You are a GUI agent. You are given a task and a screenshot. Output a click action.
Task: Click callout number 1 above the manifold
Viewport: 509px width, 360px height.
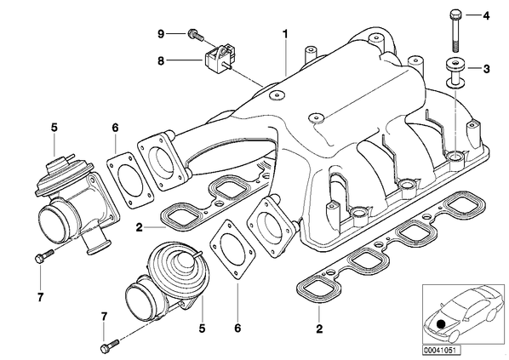pyautogui.click(x=285, y=34)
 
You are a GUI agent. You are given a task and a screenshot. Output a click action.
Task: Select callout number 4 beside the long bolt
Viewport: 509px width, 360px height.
pyautogui.click(x=486, y=15)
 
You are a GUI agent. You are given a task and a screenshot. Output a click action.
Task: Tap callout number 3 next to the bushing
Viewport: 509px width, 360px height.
pyautogui.click(x=486, y=69)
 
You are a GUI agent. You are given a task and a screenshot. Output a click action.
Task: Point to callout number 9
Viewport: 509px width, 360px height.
pyautogui.click(x=162, y=34)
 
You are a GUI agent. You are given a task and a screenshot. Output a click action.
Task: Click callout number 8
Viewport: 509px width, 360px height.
pyautogui.click(x=162, y=60)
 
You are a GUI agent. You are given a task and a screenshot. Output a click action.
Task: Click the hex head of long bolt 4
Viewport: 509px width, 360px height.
pyautogui.click(x=455, y=15)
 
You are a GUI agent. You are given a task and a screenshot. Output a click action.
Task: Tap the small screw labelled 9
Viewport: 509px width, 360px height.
pyautogui.click(x=196, y=35)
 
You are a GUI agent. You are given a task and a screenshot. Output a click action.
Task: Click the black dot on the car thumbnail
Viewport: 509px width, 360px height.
pyautogui.click(x=441, y=324)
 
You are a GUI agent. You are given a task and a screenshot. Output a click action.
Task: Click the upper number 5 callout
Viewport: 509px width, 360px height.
pyautogui.click(x=54, y=128)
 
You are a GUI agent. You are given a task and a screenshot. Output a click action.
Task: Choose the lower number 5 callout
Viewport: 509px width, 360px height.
pyautogui.click(x=203, y=329)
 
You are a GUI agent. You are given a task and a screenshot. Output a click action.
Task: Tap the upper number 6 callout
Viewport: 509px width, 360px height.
pyautogui.click(x=116, y=128)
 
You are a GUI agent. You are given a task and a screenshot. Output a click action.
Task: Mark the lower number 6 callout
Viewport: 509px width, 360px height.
pyautogui.click(x=237, y=329)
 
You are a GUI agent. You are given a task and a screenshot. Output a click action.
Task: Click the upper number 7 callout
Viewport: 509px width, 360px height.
pyautogui.click(x=40, y=297)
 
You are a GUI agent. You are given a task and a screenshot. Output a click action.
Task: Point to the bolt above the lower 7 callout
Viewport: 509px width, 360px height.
pyautogui.click(x=111, y=344)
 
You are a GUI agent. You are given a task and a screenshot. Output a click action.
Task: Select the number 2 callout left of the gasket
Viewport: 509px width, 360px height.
pyautogui.click(x=140, y=227)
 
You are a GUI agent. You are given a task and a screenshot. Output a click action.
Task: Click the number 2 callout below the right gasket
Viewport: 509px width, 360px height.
pyautogui.click(x=319, y=329)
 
